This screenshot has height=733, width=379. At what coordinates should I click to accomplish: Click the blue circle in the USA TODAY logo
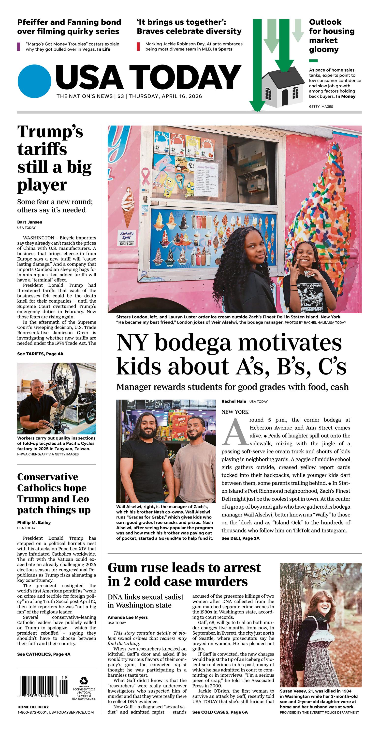(x=34, y=81)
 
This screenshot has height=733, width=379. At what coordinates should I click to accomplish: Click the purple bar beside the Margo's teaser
(x=19, y=47)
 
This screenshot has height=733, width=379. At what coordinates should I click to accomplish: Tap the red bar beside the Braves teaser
(x=138, y=47)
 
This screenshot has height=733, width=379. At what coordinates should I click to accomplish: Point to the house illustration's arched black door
(x=285, y=96)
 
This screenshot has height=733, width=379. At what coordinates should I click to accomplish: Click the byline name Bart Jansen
(x=29, y=222)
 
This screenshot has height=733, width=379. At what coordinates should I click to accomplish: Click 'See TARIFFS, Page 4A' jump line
(x=40, y=354)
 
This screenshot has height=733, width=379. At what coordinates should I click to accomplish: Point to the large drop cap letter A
(x=235, y=433)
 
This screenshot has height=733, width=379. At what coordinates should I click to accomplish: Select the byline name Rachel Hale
(x=234, y=401)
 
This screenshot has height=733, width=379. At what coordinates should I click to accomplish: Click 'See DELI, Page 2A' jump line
(x=240, y=538)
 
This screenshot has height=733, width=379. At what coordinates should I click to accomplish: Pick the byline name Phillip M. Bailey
(x=34, y=522)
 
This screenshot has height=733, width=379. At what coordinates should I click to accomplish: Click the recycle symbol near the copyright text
(x=84, y=681)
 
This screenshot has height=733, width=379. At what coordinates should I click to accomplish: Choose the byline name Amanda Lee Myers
(x=127, y=617)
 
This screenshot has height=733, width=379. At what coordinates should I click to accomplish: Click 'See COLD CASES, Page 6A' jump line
(x=220, y=712)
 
